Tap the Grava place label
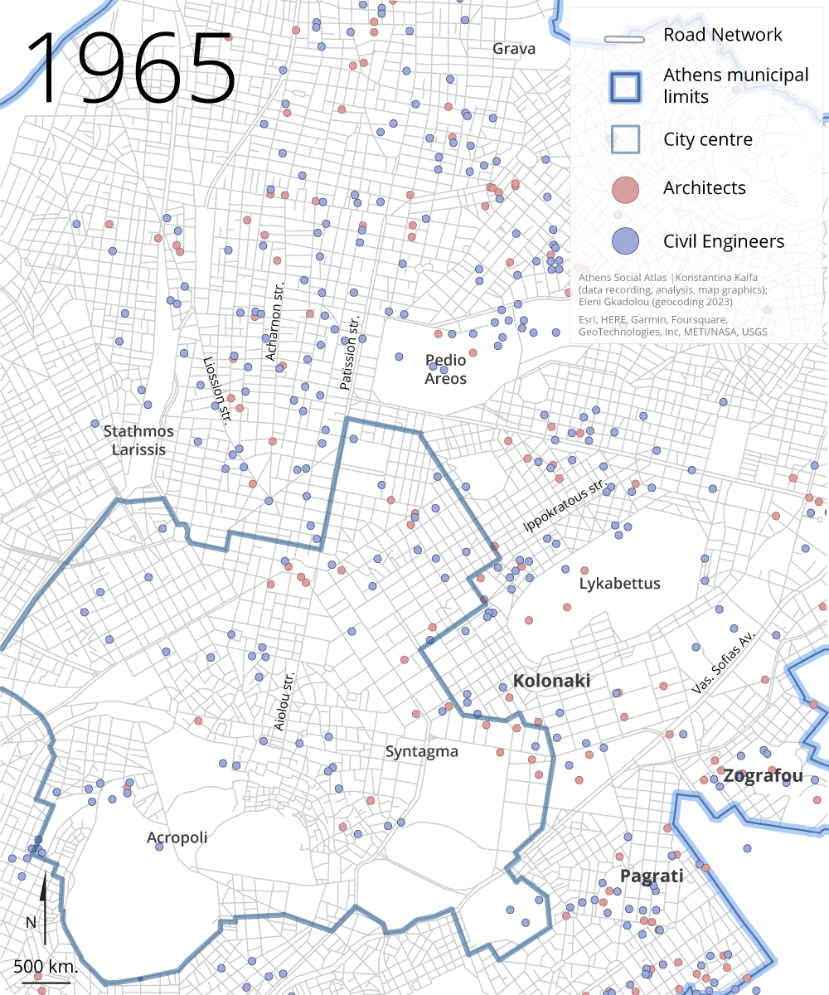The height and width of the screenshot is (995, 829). (514, 49)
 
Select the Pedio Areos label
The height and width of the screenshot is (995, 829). (446, 370)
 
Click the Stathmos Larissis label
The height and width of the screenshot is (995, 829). (138, 440)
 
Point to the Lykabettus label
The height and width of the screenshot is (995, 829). (619, 584)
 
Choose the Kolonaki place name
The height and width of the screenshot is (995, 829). (551, 682)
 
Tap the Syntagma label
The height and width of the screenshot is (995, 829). (421, 752)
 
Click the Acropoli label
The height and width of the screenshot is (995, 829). (177, 837)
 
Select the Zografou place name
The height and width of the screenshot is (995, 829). (763, 777)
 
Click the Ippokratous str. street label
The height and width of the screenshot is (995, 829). (565, 507)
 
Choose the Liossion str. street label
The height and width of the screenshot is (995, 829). (216, 391)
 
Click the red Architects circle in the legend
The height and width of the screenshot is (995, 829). (625, 189)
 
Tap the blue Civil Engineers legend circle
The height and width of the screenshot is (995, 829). (625, 242)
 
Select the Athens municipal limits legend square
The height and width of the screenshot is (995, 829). (625, 86)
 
